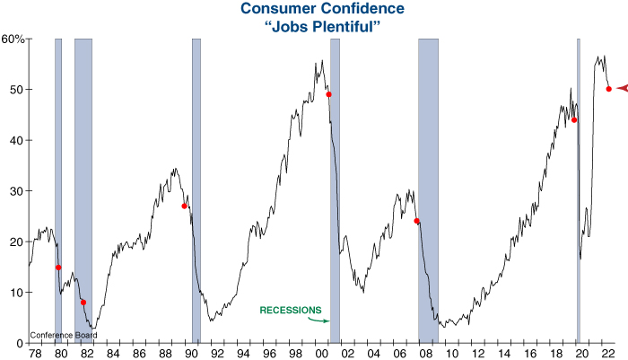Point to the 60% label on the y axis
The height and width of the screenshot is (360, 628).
[x=13, y=39]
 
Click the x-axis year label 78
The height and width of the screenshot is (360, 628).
[x=34, y=353]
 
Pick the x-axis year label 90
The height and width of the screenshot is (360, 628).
[x=191, y=353]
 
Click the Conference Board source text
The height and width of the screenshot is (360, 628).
[x=62, y=337]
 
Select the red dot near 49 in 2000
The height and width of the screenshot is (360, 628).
[x=328, y=94]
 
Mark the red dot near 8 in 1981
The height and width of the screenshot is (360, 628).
[x=83, y=303]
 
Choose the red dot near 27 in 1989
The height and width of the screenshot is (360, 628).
[x=185, y=206]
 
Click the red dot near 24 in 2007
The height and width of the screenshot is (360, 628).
[x=416, y=221]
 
